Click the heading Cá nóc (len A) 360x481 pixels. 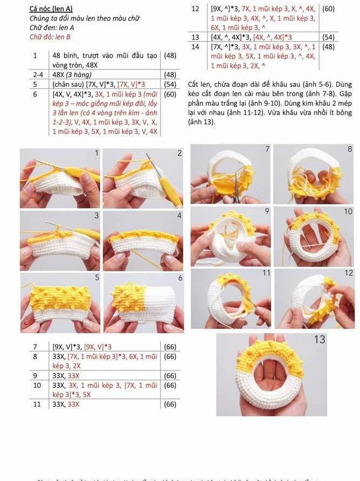pos(51,9)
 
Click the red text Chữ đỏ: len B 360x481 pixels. pos(50,37)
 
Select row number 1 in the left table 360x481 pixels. pos(34,56)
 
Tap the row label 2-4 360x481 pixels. pos(37,74)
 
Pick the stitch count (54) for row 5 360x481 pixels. pos(170,84)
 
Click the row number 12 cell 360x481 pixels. pos(195,9)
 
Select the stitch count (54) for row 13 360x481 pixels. pos(328,37)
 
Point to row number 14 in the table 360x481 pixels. pos(195,47)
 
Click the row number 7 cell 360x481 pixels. pos(35,347)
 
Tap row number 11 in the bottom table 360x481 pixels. pos(37,404)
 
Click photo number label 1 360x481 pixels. pos(96,153)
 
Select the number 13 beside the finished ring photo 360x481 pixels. pos(319,340)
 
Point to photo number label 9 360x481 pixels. pos(266,211)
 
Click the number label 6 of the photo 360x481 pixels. pos(180,278)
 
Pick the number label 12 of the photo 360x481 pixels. pos(349,273)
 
